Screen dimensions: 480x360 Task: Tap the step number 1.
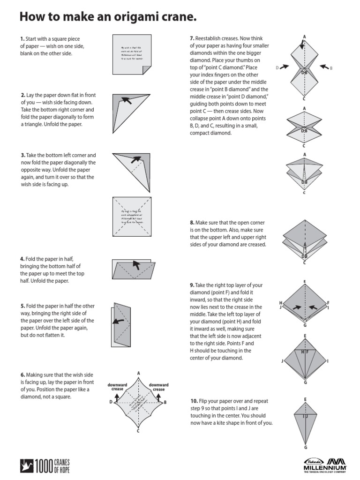point(22,39)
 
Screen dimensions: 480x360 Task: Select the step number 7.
point(192,38)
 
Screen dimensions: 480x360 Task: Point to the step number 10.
point(194,401)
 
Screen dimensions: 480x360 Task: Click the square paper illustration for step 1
point(131,54)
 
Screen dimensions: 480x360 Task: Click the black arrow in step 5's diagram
point(117,322)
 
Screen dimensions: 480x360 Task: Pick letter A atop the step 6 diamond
point(139,373)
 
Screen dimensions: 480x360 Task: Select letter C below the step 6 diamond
point(138,431)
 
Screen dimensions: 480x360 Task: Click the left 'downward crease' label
point(118,387)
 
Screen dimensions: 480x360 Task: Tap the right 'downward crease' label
point(158,387)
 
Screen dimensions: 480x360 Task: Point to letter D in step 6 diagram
point(111,402)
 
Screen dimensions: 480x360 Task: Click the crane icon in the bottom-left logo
point(25,466)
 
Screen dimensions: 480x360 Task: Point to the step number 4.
point(22,259)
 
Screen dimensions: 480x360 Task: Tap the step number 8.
point(192,223)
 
